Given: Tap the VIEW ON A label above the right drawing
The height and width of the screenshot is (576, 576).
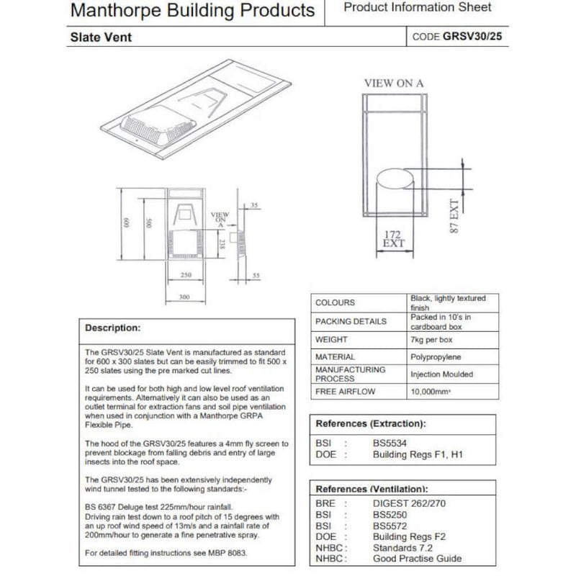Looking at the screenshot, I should tap(394, 83).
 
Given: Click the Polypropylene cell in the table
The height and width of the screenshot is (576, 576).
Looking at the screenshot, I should tap(436, 357).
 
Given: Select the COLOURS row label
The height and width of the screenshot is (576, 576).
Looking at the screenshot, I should tap(336, 303).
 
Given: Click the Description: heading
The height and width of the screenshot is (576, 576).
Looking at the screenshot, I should tap(113, 328).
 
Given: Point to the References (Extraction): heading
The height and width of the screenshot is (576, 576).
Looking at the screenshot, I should tap(371, 423).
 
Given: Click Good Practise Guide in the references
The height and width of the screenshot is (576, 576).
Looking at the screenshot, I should tap(417, 558).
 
